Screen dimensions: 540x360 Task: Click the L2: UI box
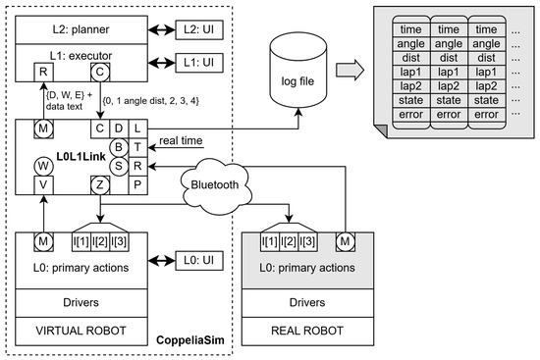(199, 29)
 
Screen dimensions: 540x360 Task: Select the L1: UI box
(199, 63)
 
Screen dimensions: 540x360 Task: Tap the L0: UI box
(199, 261)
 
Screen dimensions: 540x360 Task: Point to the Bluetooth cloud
(215, 185)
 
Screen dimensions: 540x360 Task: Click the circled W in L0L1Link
(44, 167)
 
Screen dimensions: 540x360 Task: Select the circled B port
(119, 147)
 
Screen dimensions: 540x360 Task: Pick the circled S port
(119, 166)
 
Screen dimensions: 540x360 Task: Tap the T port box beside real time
(137, 147)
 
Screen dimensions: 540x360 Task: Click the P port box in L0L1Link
(137, 185)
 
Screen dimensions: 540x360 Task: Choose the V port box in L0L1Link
(44, 185)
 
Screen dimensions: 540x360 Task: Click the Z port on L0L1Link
(100, 185)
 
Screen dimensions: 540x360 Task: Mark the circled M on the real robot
(345, 241)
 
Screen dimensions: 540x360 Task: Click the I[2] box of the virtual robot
(100, 242)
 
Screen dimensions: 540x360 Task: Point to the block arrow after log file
(350, 70)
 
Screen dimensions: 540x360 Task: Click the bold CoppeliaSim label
(190, 340)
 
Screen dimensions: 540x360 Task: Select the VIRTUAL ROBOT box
(81, 332)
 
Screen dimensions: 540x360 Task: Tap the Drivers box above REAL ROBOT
(307, 303)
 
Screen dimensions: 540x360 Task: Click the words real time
(181, 141)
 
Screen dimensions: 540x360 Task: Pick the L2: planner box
(81, 30)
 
